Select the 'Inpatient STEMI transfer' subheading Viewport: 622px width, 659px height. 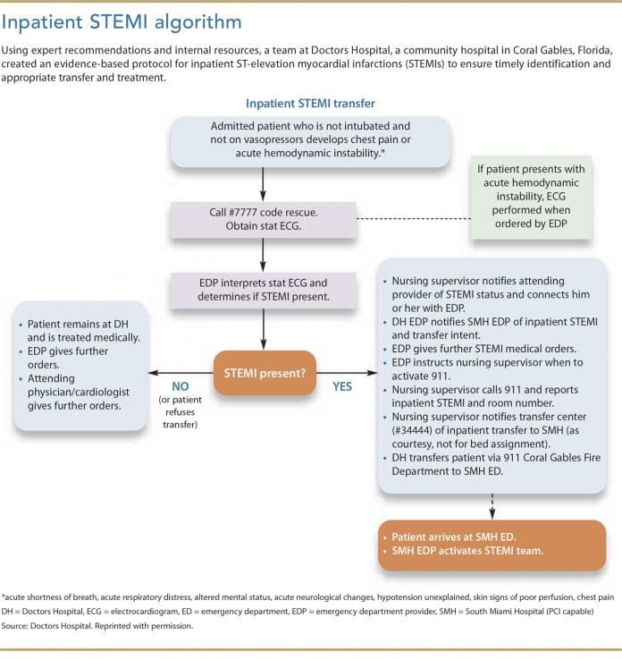pyautogui.click(x=311, y=105)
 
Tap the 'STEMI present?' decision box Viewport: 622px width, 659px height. pyautogui.click(x=264, y=372)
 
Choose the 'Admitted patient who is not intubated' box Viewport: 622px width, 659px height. pyautogui.click(x=263, y=140)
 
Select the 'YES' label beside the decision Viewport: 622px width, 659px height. pyautogui.click(x=343, y=386)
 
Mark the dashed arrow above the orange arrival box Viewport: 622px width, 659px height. pyautogui.click(x=491, y=506)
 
